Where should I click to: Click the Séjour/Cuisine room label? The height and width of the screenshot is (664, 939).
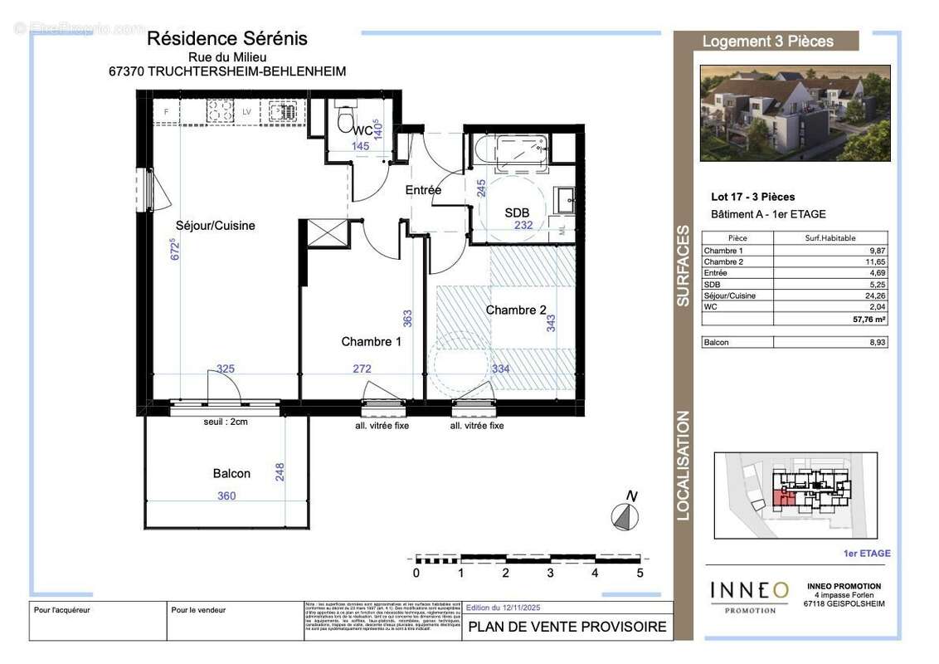(215, 225)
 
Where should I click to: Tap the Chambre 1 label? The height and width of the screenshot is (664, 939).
(371, 341)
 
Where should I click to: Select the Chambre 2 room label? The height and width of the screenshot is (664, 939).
(516, 310)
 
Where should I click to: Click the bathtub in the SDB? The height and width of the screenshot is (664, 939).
(509, 153)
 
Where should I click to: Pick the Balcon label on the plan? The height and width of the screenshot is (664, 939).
(231, 473)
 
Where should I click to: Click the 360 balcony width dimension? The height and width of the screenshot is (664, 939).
(226, 496)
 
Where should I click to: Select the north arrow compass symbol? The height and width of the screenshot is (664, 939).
(625, 516)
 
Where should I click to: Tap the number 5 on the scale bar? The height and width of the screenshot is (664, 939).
(639, 573)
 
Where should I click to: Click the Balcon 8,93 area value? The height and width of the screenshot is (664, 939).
(876, 342)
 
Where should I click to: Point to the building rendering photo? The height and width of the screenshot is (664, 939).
(795, 113)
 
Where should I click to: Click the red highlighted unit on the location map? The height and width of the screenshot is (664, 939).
(782, 498)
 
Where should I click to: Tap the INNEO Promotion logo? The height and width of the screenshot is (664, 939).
(750, 595)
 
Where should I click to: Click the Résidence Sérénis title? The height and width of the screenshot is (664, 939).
(226, 38)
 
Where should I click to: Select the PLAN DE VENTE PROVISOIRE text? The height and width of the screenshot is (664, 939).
(567, 627)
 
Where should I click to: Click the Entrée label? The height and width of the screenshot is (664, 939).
(423, 190)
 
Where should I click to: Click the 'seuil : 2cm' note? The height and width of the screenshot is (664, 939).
(226, 422)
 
